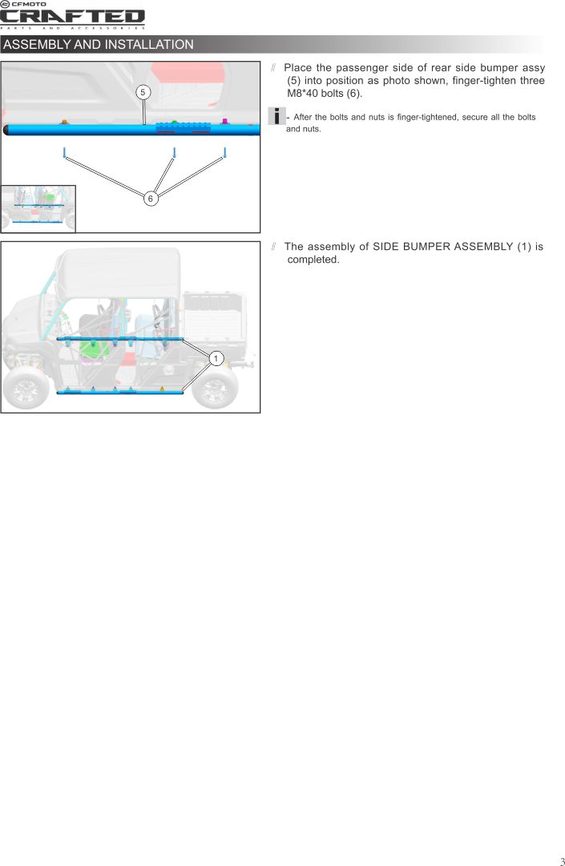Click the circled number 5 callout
click(x=143, y=92)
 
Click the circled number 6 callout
click(x=150, y=198)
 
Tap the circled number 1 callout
click(x=216, y=358)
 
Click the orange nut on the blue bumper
click(x=64, y=122)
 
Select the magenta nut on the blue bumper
click(x=224, y=121)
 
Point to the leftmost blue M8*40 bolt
click(x=65, y=152)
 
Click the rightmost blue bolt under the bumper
click(x=224, y=152)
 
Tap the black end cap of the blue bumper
click(x=6, y=130)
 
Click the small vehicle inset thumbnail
click(x=38, y=209)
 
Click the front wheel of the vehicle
click(x=24, y=388)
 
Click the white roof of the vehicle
click(x=120, y=274)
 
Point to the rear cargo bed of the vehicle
click(x=214, y=317)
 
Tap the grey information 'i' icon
click(x=276, y=116)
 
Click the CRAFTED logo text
click(x=72, y=18)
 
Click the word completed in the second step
click(x=313, y=260)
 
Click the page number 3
click(x=562, y=861)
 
